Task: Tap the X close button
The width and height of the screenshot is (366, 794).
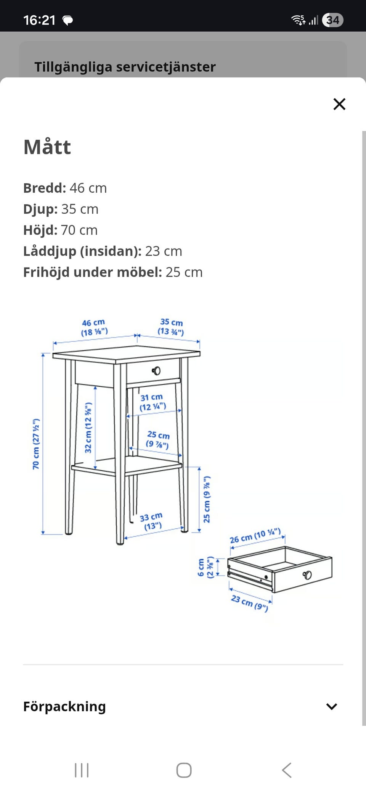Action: point(339,104)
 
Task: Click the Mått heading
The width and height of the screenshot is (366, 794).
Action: point(47,147)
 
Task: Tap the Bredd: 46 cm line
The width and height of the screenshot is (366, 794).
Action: point(65,188)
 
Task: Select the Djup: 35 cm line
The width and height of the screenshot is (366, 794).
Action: point(61,209)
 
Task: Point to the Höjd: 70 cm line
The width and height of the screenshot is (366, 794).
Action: point(61,230)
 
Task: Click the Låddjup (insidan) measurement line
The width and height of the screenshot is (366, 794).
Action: point(103,251)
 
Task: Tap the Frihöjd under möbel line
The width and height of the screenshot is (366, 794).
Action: point(113,272)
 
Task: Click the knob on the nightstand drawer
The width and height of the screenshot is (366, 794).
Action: point(156,371)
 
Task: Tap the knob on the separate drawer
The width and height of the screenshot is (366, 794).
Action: point(307,575)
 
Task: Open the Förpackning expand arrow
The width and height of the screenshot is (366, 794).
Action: point(331,707)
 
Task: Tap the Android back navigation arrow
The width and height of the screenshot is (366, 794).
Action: point(287,770)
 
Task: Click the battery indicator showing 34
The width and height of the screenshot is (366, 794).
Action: point(332,20)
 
